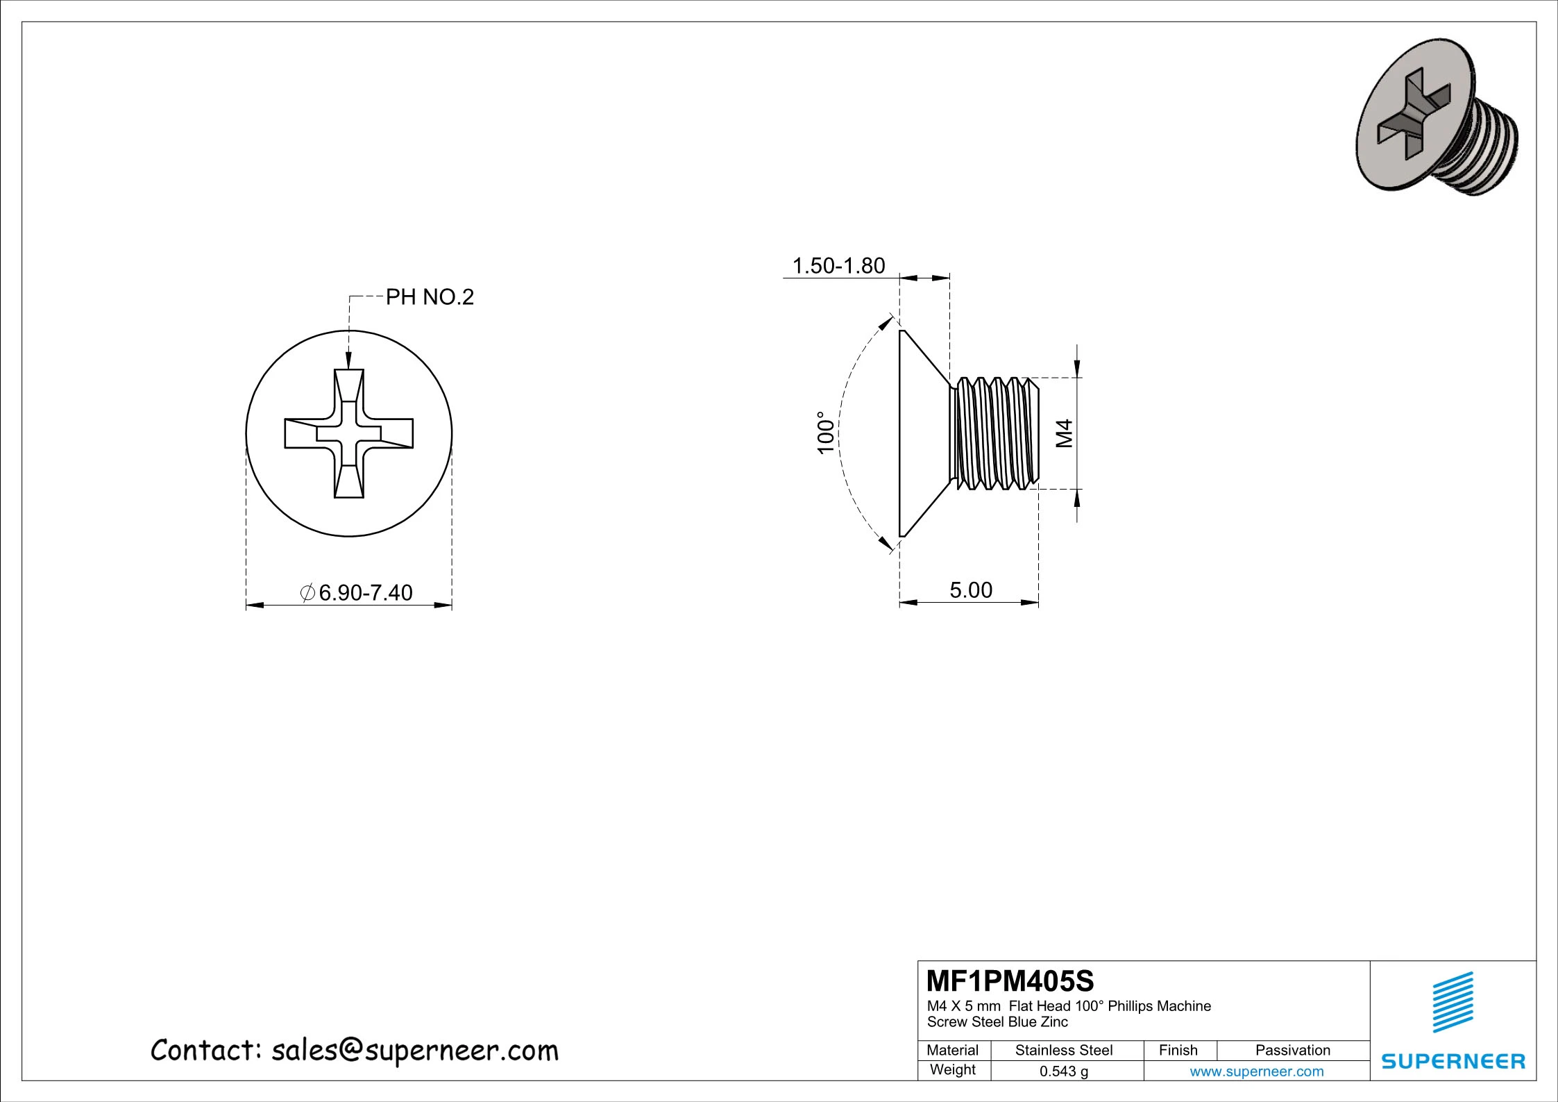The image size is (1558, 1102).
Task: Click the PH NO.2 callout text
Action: pyautogui.click(x=430, y=297)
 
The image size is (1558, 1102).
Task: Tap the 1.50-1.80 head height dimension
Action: pyautogui.click(x=838, y=265)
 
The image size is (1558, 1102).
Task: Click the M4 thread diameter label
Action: pyautogui.click(x=1065, y=433)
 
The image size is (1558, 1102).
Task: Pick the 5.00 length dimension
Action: pyautogui.click(x=970, y=590)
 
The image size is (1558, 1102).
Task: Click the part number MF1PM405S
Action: pyautogui.click(x=1010, y=981)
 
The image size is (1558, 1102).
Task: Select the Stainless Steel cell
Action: pyautogui.click(x=1063, y=1050)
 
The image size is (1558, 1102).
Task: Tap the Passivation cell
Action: pyautogui.click(x=1292, y=1050)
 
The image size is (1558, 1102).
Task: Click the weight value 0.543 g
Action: pyautogui.click(x=1063, y=1071)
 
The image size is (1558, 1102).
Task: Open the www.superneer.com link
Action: pyautogui.click(x=1256, y=1071)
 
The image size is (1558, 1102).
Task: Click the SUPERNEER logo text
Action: pyautogui.click(x=1453, y=1061)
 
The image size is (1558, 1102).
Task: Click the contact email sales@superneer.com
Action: pyautogui.click(x=414, y=1051)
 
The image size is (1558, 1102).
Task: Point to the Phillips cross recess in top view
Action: pyautogui.click(x=349, y=433)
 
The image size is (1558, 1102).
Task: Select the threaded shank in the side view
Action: pyautogui.click(x=995, y=433)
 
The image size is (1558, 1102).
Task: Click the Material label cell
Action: pyautogui.click(x=952, y=1050)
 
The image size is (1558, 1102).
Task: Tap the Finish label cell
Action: pyautogui.click(x=1178, y=1050)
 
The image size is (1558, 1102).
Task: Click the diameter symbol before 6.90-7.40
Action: pyautogui.click(x=307, y=592)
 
